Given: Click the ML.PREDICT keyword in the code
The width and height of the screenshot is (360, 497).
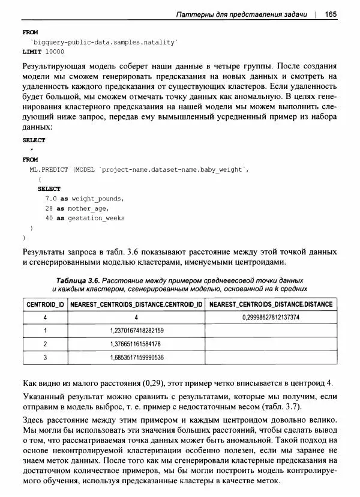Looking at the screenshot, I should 49,170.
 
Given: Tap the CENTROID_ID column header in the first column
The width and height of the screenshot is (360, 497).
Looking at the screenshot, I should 46,304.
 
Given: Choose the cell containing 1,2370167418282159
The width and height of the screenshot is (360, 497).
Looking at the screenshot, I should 137,331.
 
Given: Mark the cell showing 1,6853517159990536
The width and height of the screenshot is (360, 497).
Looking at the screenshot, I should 137,358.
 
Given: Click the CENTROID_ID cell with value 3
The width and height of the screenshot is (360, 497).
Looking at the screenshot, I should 46,358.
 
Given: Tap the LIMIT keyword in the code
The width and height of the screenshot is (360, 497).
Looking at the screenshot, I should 31,52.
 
